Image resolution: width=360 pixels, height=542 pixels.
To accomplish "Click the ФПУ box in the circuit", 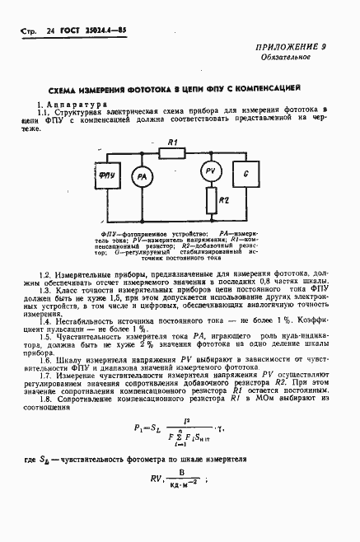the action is [x=106, y=176].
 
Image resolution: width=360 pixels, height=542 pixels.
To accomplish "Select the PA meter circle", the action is [x=142, y=177].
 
